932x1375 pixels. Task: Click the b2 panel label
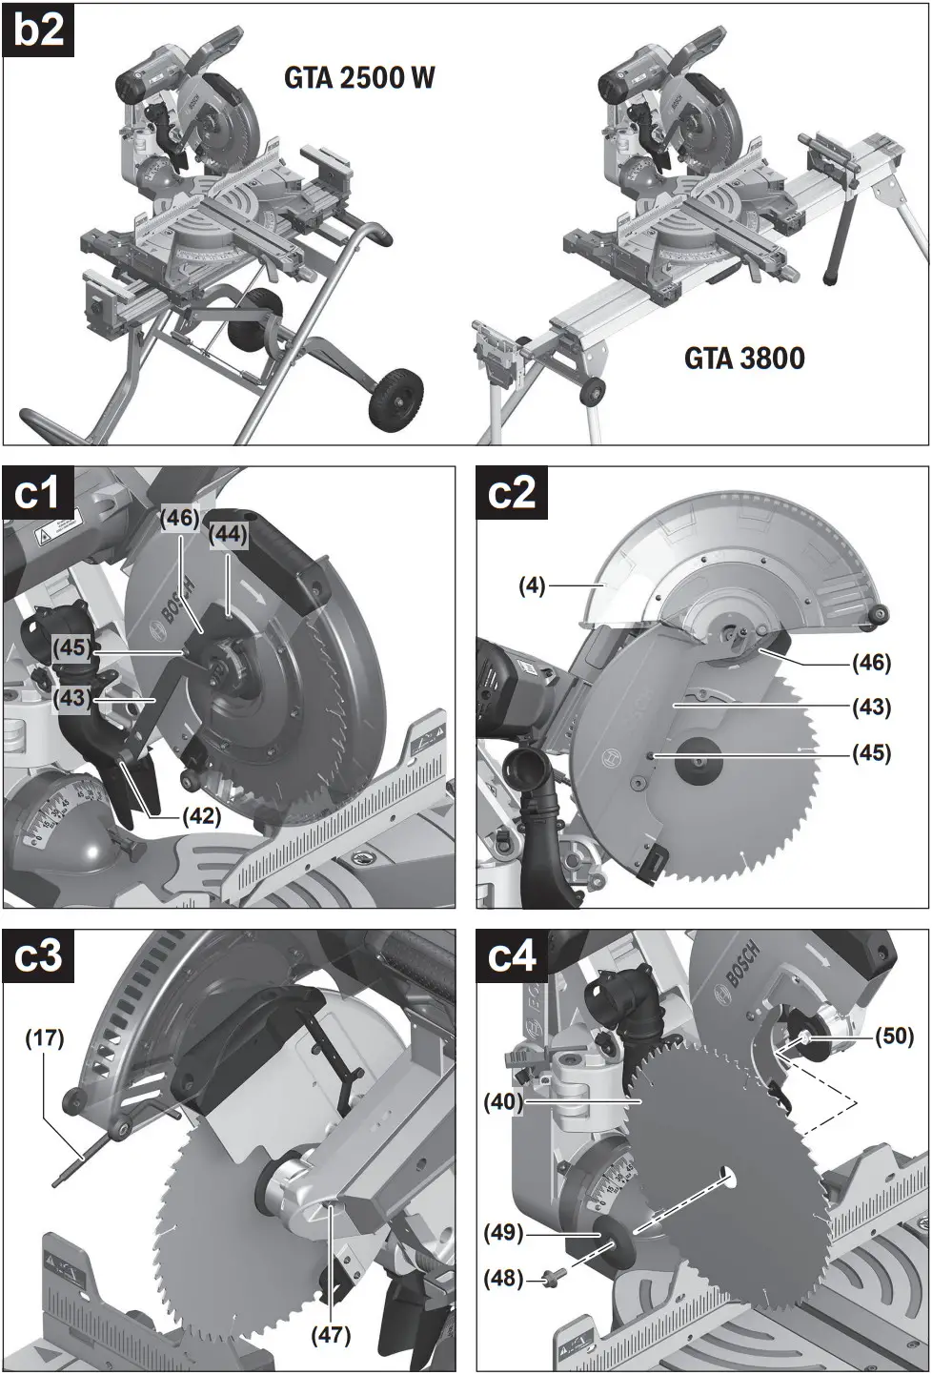pyautogui.click(x=39, y=31)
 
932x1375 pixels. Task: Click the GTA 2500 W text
pyautogui.click(x=359, y=77)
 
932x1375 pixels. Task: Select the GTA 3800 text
pyautogui.click(x=744, y=359)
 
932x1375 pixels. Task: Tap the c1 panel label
pyautogui.click(x=38, y=493)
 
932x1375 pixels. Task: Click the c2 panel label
pyautogui.click(x=512, y=493)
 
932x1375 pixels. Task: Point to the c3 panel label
pyautogui.click(x=38, y=956)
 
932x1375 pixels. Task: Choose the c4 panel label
pyautogui.click(x=512, y=956)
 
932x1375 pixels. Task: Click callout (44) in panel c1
pyautogui.click(x=229, y=535)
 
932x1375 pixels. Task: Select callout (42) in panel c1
pyautogui.click(x=200, y=816)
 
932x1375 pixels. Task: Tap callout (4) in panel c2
pyautogui.click(x=532, y=585)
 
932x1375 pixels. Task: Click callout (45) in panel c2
pyautogui.click(x=871, y=753)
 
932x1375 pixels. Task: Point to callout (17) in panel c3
pyautogui.click(x=44, y=1038)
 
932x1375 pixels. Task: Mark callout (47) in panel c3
pyautogui.click(x=331, y=1334)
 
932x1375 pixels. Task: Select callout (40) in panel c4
pyautogui.click(x=503, y=1101)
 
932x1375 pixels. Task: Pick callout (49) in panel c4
pyautogui.click(x=503, y=1233)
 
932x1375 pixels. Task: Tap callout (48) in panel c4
pyautogui.click(x=503, y=1278)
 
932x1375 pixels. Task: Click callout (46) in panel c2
pyautogui.click(x=871, y=662)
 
